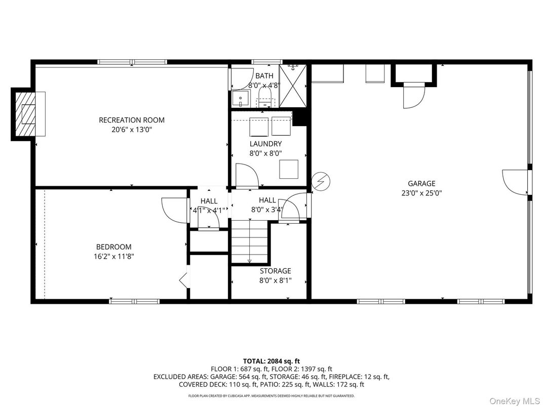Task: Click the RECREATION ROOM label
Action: click(x=132, y=120)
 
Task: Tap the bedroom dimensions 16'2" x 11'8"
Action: click(x=110, y=256)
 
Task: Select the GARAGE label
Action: click(x=421, y=184)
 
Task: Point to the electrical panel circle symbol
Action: click(x=320, y=181)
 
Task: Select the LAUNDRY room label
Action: click(x=265, y=144)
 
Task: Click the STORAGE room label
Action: click(x=276, y=271)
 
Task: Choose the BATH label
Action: click(x=264, y=76)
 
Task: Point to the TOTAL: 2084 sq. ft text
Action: click(x=271, y=361)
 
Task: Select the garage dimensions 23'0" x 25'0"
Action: click(x=421, y=193)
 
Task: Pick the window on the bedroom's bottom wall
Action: click(x=134, y=301)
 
